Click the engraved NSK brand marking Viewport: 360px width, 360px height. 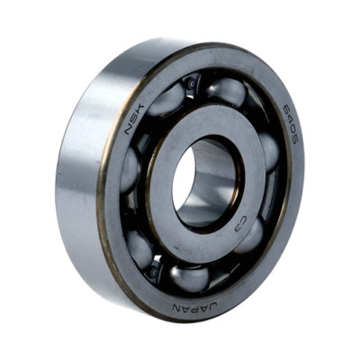click(134, 119)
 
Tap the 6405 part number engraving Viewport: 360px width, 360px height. click(290, 125)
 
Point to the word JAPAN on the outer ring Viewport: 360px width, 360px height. click(194, 307)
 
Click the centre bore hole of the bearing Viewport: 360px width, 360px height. click(207, 183)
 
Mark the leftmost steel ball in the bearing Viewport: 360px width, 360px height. click(130, 170)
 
